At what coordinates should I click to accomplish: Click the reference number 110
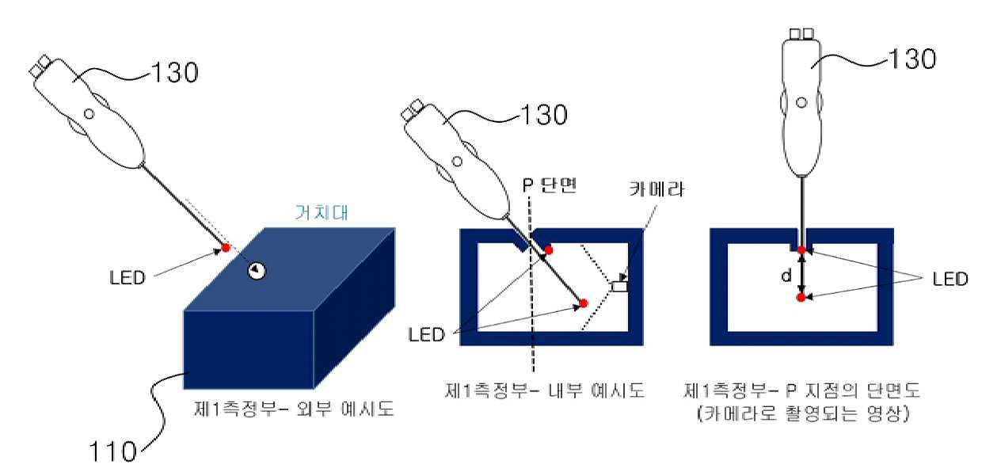tap(112, 451)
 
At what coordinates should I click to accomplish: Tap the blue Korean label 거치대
tap(322, 212)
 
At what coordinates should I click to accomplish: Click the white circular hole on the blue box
tap(257, 271)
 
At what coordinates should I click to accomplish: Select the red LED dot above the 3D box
tap(226, 248)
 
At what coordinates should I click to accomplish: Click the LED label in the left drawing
tap(128, 278)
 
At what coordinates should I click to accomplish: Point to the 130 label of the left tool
tap(174, 72)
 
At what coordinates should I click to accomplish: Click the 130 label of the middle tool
tap(543, 115)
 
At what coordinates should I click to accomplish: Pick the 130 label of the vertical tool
tap(912, 59)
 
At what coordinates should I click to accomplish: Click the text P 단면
tap(550, 186)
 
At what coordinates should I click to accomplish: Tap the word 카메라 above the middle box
tap(657, 189)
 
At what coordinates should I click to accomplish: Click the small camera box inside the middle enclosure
tap(619, 287)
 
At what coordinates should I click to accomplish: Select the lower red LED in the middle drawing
tap(583, 303)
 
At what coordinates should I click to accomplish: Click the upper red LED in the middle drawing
tap(549, 250)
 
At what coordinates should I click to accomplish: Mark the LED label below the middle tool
tap(427, 335)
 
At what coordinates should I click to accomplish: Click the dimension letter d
tap(786, 276)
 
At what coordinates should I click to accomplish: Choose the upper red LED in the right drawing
tap(801, 250)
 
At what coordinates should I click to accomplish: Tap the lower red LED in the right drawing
tap(801, 298)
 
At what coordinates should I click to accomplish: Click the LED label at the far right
tap(950, 279)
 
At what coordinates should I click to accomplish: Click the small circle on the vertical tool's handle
tap(801, 103)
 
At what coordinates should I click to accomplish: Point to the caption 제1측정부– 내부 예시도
tap(545, 390)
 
